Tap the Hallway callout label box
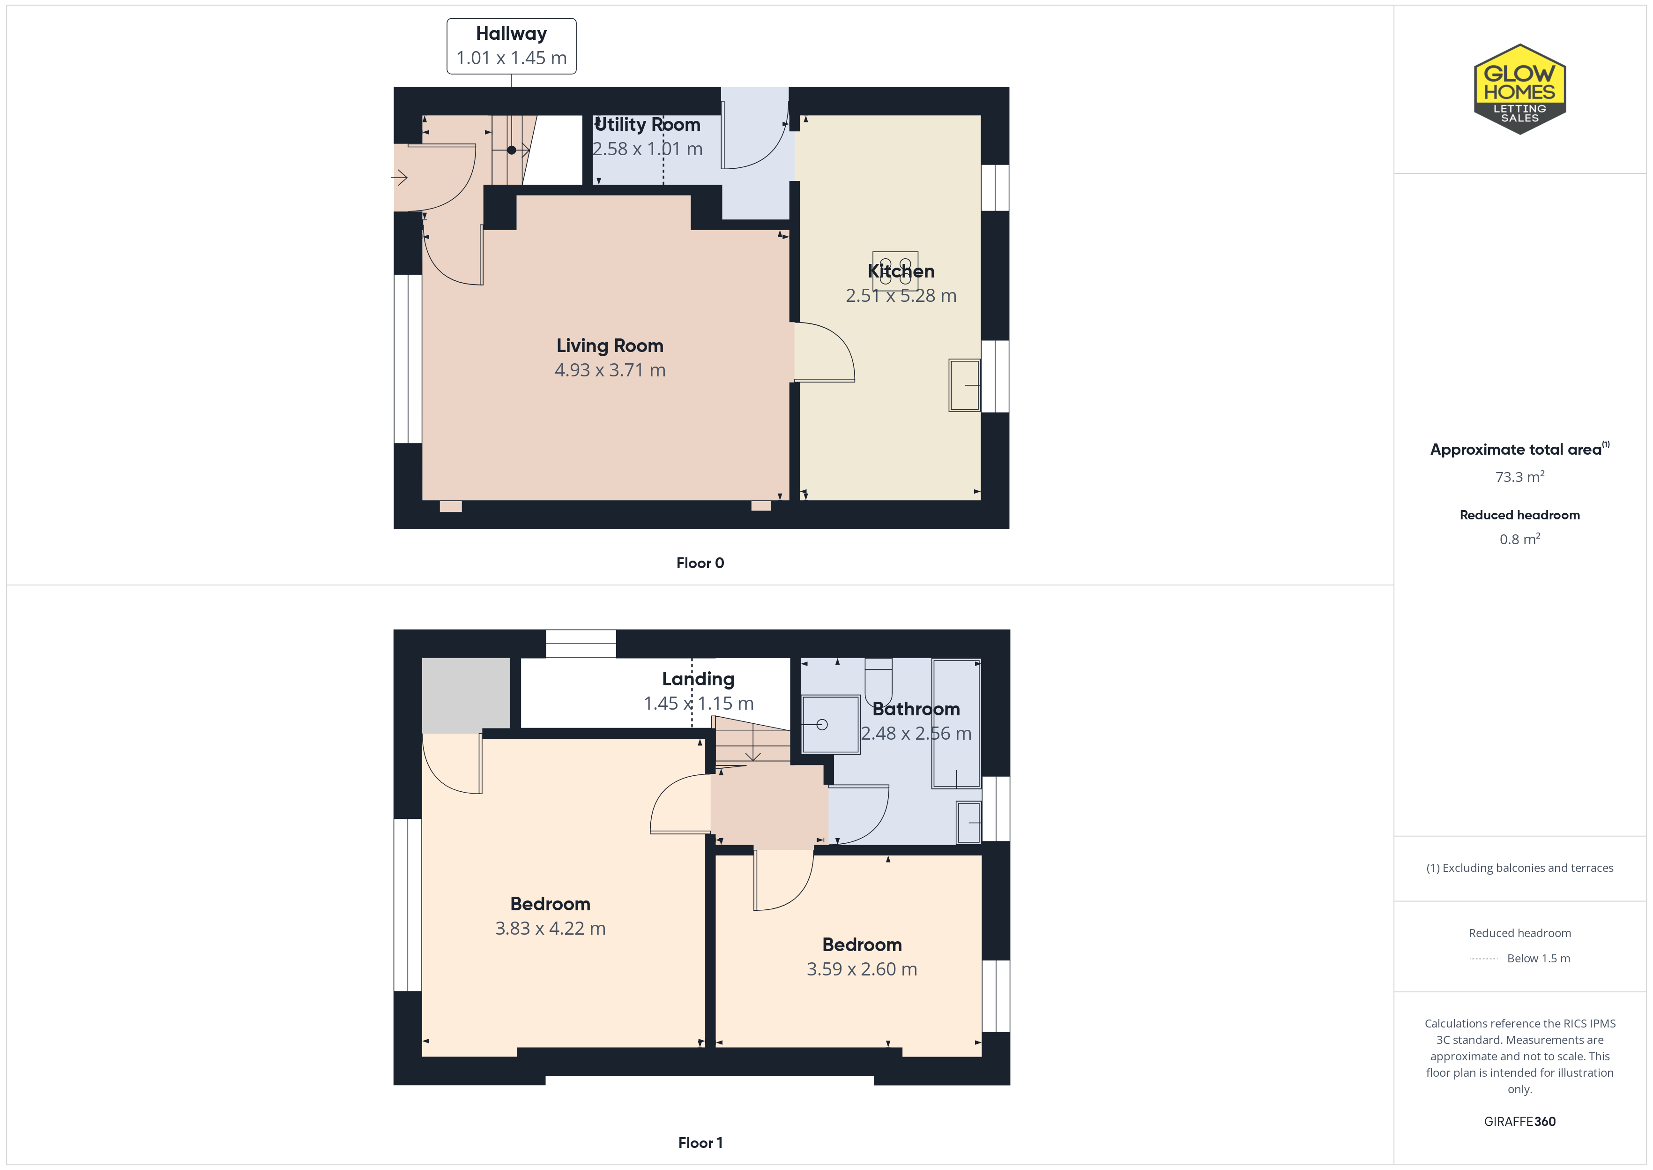511,46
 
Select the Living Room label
610,346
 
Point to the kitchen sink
965,385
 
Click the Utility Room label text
647,125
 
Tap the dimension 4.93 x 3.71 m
610,370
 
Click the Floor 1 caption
700,1143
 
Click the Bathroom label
916,709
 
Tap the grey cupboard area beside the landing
466,695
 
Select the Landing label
698,679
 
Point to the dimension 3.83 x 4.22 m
550,929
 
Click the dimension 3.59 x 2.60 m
862,970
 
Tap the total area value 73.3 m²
1519,477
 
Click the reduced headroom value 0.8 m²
1519,539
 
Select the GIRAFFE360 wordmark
1519,1122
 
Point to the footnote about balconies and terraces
1519,868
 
